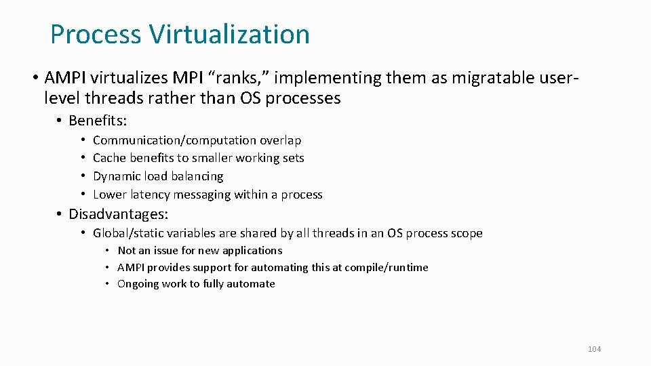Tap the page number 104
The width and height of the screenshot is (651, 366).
(594, 349)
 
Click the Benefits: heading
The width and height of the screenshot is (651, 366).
(98, 121)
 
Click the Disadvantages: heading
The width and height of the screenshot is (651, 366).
(118, 214)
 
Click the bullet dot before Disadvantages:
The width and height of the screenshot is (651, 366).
(60, 214)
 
